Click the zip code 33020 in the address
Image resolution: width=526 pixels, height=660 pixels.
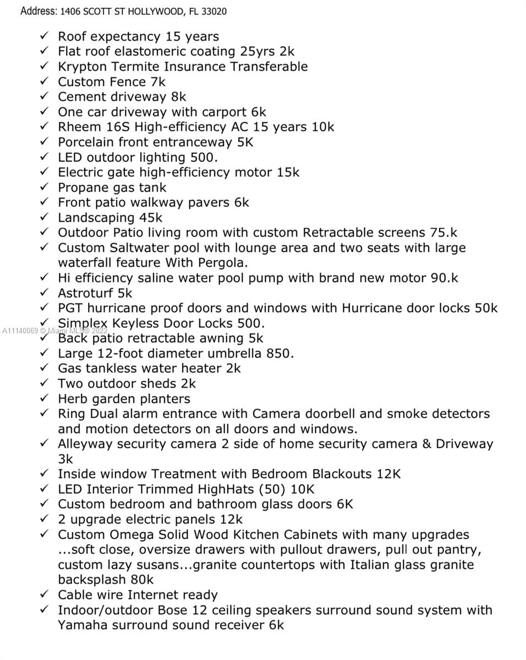pos(214,11)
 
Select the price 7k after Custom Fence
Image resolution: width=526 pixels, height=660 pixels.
pos(158,82)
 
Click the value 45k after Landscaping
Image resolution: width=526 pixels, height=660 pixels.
pos(151,218)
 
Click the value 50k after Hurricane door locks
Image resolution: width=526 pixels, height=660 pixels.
pos(486,308)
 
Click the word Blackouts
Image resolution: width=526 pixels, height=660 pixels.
pos(342,474)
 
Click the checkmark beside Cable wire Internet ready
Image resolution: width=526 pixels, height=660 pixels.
pos(45,594)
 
